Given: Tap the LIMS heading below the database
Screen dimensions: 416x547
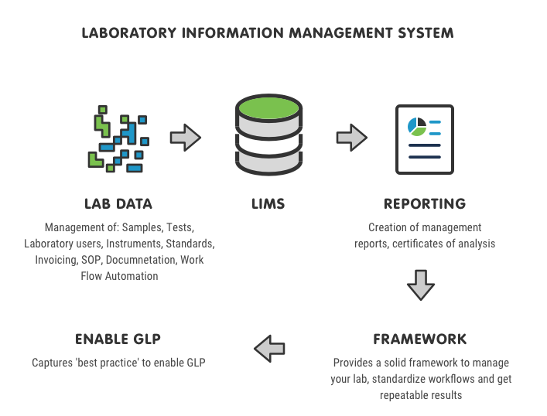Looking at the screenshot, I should pyautogui.click(x=268, y=205).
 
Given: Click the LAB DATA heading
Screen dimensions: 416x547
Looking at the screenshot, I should pyautogui.click(x=118, y=205).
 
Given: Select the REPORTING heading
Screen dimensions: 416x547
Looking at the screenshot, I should pyautogui.click(x=424, y=205).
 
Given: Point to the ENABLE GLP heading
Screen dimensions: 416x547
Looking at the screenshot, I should pyautogui.click(x=118, y=339).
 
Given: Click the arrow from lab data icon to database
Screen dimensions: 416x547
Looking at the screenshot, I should pyautogui.click(x=186, y=138).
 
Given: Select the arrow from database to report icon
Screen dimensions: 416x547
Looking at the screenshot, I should pyautogui.click(x=351, y=138).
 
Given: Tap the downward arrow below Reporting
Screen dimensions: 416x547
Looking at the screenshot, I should pyautogui.click(x=421, y=284).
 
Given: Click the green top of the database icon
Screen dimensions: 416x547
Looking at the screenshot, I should pyautogui.click(x=268, y=108).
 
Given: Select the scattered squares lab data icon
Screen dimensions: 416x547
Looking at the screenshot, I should pyautogui.click(x=118, y=138).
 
